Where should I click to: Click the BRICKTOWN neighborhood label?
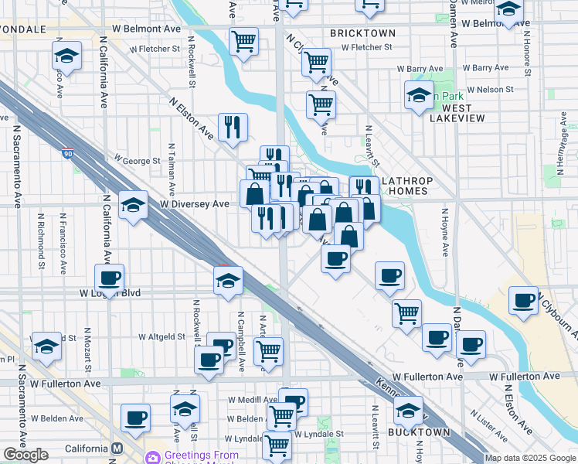click(362, 33)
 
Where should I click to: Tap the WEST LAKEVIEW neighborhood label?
click(457, 113)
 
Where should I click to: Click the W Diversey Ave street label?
click(195, 204)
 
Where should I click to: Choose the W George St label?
click(137, 161)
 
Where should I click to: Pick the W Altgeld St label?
click(162, 336)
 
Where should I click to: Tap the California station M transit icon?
click(117, 449)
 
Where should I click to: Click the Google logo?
click(25, 455)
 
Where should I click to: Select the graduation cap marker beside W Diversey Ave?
click(133, 205)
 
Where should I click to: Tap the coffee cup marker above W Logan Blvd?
click(109, 278)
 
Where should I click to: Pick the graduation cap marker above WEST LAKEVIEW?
click(419, 96)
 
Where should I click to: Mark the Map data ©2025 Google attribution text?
click(530, 458)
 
